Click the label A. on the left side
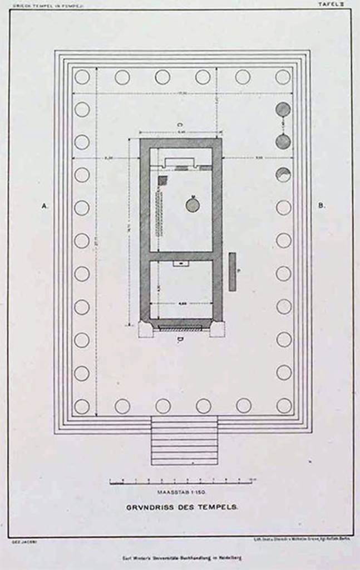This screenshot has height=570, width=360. coord(46,206)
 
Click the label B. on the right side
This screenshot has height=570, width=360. coord(322,206)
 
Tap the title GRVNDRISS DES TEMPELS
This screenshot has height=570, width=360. coord(182,507)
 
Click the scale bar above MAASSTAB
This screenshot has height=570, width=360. coord(181,481)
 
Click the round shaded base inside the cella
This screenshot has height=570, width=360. coord(193,205)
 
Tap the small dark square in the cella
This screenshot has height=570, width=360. coord(162,180)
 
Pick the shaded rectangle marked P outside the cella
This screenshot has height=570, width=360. coord(232,272)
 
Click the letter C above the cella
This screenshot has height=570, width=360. coord(180,125)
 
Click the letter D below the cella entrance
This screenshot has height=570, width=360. coord(180,340)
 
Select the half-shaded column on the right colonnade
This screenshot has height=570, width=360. coord(283,175)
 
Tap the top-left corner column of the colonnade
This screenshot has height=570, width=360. coord(82,77)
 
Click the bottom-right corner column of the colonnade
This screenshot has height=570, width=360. coord(284,406)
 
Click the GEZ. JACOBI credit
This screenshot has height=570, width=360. coord(20,540)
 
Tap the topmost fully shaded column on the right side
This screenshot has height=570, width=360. coord(283,110)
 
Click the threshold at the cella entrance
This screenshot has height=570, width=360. coord(180,328)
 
